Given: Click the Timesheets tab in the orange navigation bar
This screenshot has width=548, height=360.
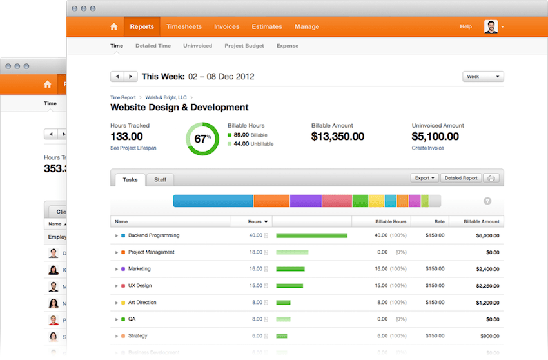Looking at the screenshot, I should point(184,27).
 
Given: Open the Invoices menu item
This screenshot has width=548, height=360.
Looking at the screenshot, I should point(226,27).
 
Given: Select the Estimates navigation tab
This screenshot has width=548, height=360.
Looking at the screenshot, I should point(267,27).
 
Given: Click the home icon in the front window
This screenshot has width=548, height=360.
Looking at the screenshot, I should point(114,27).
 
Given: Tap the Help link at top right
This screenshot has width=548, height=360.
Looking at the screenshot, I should point(465,27).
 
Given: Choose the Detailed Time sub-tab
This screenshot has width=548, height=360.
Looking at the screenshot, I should point(153,46).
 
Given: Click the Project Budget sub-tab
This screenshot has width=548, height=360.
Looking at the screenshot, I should point(244,46).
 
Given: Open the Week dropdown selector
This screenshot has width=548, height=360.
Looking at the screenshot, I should point(483,77).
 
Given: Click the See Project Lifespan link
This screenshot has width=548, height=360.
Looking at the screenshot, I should point(133,148).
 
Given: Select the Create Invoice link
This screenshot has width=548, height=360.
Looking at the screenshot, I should point(428,148).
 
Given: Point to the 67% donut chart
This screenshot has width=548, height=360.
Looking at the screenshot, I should point(202,139).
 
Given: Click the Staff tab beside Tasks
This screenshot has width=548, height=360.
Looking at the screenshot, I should point(160,179).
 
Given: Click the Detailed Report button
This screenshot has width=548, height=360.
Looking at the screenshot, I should point(461,178).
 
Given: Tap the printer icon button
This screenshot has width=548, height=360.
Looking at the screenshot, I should point(492,178).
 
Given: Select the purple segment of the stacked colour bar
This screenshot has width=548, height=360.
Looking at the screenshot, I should point(306,201).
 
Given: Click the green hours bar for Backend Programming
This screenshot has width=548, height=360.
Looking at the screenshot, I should point(311,235).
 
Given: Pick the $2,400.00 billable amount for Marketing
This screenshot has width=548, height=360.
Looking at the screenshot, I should point(487,269).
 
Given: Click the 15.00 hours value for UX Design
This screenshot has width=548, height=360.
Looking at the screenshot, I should point(255,286).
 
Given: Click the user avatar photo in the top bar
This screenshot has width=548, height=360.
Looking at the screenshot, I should point(491,27).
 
